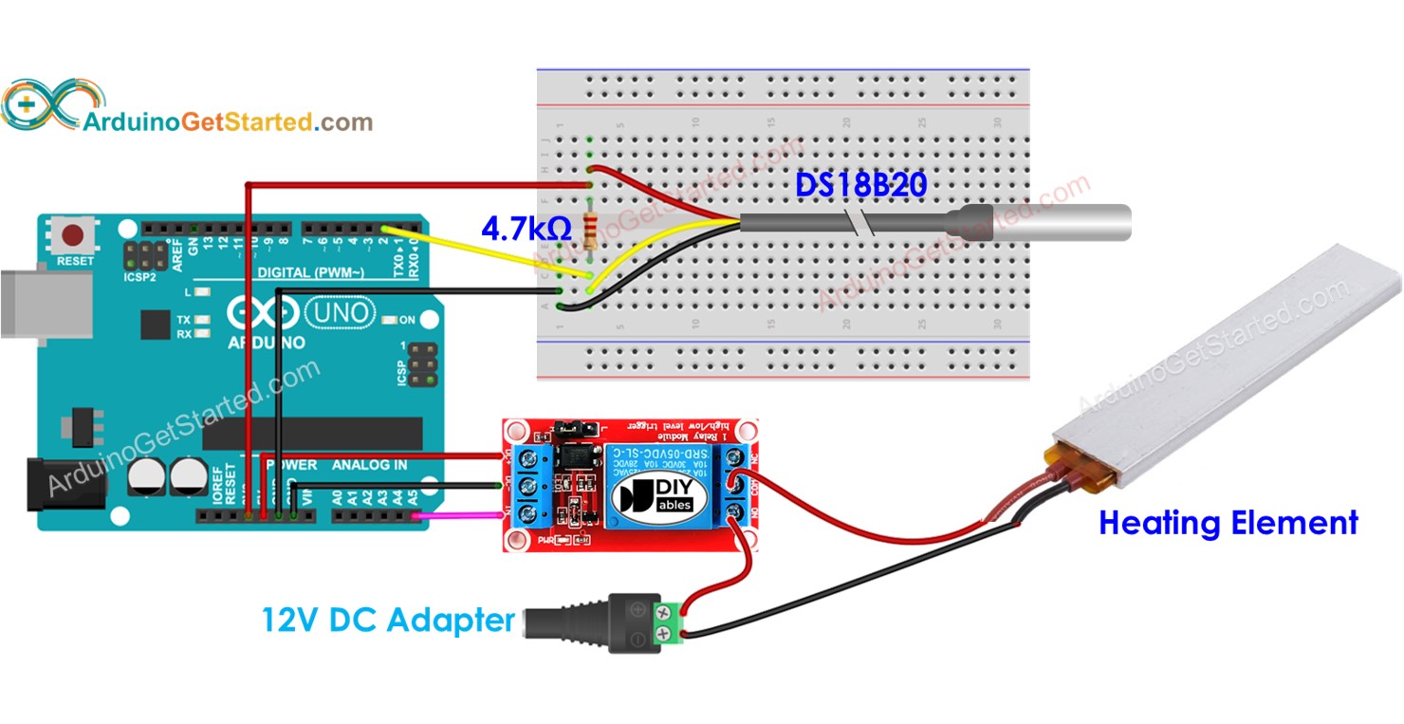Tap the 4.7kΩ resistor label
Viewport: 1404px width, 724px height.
click(525, 229)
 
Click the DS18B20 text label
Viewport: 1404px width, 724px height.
click(859, 186)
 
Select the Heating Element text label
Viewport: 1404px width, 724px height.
click(1228, 523)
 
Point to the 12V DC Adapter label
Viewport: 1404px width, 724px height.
click(388, 621)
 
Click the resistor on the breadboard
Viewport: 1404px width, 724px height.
click(592, 230)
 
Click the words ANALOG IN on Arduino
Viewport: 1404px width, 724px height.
click(369, 465)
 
